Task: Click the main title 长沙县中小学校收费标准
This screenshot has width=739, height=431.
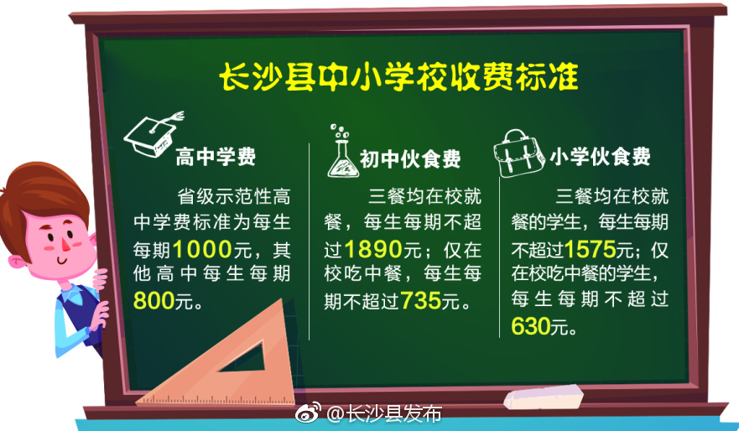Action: pyautogui.click(x=398, y=77)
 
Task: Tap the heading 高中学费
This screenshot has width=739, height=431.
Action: pyautogui.click(x=216, y=157)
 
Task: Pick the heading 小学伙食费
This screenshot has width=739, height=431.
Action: pyautogui.click(x=600, y=157)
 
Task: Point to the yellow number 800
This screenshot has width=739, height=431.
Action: pyautogui.click(x=152, y=299)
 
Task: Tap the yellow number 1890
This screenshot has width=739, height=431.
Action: pyautogui.click(x=368, y=249)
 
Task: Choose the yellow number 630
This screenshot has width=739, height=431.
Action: pyautogui.click(x=530, y=325)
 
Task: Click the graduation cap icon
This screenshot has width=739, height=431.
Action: pyautogui.click(x=153, y=132)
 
